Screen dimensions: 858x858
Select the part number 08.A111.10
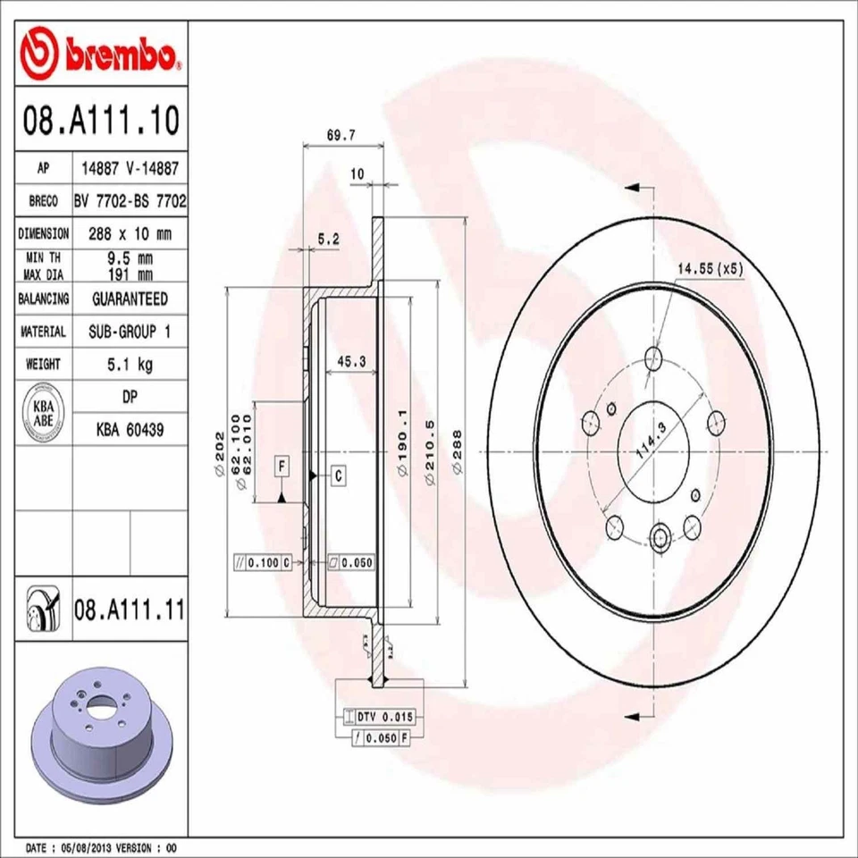pos(100,118)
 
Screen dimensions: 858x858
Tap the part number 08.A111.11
pos(129,612)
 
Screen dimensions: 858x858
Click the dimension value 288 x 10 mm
pos(129,233)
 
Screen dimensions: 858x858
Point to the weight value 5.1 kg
pos(129,364)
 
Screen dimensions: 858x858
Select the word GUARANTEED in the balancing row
pos(129,299)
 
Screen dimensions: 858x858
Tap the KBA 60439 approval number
pos(129,430)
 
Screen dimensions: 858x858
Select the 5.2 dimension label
pos(328,239)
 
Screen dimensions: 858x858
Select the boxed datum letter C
pos(340,476)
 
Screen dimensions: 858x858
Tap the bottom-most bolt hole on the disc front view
pos(660,536)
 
